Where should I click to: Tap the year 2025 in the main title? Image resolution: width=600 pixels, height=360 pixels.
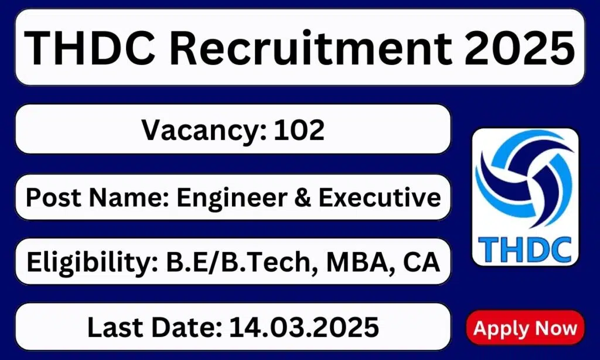click(519, 48)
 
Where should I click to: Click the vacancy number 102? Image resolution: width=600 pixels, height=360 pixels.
click(299, 130)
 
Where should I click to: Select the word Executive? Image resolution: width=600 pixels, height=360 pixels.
click(380, 198)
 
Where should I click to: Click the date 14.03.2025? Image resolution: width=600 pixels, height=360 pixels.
click(304, 327)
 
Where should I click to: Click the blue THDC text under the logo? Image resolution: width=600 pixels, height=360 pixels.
click(524, 249)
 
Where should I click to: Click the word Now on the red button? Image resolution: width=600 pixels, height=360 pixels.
click(556, 328)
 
